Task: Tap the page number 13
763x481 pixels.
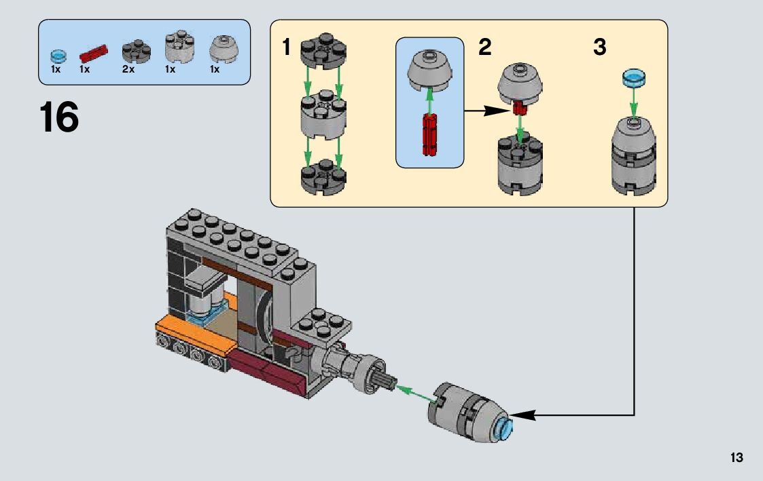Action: [737, 458]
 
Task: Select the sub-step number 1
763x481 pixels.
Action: [287, 48]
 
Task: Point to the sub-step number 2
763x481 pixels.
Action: [484, 48]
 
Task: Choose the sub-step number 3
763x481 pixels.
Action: [599, 48]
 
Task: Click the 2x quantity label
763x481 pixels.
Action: [128, 70]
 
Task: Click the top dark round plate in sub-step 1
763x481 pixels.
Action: [323, 49]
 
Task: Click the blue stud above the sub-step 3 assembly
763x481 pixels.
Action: [634, 79]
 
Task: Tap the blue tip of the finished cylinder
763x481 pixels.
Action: [505, 427]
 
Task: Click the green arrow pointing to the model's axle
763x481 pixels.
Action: [415, 392]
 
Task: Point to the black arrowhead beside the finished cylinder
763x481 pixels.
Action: [523, 415]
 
